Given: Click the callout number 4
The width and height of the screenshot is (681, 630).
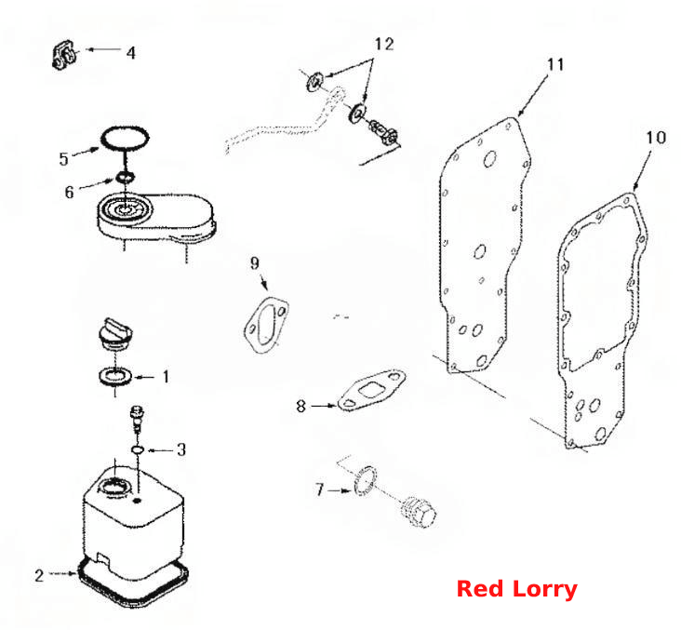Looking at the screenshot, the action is click(x=131, y=53).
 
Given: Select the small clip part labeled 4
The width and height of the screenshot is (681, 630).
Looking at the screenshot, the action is click(x=65, y=55).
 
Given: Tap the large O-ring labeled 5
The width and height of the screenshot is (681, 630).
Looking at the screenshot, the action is click(x=125, y=139).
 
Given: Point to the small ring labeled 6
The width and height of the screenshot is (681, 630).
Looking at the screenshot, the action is click(x=126, y=177).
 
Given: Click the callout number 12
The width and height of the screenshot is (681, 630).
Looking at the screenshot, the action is click(x=384, y=44).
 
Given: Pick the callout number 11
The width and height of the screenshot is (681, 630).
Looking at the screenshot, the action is click(x=555, y=65).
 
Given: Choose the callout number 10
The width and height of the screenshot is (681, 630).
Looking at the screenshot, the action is click(x=656, y=138).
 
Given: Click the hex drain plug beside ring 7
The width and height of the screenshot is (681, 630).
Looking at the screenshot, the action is click(x=418, y=512).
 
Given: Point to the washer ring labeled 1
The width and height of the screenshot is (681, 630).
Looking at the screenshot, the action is click(x=116, y=376).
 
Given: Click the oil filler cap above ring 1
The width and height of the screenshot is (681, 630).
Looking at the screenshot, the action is click(x=115, y=335).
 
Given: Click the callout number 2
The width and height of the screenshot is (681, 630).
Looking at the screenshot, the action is click(x=39, y=575).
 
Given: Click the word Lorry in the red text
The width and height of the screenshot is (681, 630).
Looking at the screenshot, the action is click(x=544, y=591).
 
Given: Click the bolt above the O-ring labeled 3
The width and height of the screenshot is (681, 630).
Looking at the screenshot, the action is click(x=138, y=419).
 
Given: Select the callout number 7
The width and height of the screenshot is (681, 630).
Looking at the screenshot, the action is click(x=320, y=489).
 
